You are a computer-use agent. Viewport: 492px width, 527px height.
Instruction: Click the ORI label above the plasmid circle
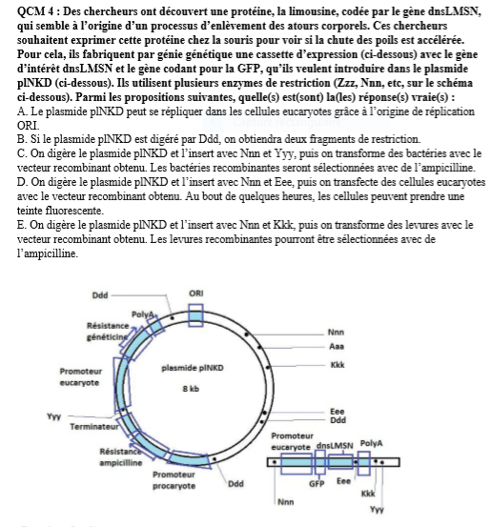point(196,294)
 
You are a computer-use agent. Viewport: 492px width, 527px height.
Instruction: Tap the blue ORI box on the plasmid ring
point(195,315)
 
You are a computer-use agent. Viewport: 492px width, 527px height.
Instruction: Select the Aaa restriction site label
point(337,347)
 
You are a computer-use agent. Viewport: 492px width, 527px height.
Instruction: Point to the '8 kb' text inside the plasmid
point(191,389)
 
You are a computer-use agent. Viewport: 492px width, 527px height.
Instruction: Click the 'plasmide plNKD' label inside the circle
point(193,368)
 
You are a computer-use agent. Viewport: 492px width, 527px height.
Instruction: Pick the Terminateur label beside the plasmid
point(94,427)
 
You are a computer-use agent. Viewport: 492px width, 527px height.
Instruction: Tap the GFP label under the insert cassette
point(317,484)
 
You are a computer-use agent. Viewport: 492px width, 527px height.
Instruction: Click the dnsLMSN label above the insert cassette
point(335,446)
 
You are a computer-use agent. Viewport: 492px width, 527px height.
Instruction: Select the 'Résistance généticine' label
point(108,331)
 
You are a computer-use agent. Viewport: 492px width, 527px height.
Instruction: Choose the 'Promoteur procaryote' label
point(174,480)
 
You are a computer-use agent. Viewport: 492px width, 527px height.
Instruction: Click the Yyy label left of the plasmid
point(53,416)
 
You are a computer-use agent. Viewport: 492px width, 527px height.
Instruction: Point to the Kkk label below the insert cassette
point(368,494)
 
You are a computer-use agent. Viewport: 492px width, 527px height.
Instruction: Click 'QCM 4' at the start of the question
point(35,11)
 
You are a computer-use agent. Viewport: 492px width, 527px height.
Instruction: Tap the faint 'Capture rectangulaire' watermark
point(287,122)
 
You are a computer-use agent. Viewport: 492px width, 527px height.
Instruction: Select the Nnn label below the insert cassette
point(286,502)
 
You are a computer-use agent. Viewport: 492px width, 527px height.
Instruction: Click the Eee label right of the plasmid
point(337,412)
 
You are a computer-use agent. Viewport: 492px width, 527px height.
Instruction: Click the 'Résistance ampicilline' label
point(121,457)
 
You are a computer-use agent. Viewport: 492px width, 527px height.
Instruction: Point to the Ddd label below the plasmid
point(236,484)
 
